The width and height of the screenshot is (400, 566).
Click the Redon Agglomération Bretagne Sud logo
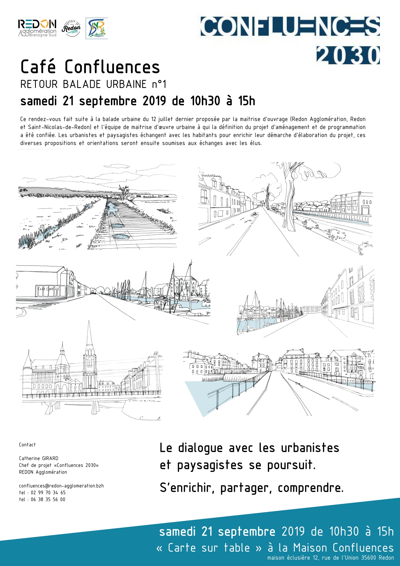pos(37,28)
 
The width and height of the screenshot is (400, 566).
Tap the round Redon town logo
pos(71,28)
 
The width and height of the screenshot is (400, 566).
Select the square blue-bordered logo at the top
pos(97,28)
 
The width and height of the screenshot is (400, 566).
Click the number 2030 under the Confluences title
pos(348,55)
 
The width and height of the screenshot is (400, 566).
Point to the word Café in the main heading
pos(38,67)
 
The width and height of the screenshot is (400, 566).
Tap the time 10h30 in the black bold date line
pos(205,101)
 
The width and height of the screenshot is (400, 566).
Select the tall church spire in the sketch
pos(90,339)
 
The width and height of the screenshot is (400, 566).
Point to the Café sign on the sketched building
pos(46,289)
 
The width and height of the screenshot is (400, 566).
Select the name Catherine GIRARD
pos(38,458)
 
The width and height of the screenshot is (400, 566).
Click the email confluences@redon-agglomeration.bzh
pos(61,486)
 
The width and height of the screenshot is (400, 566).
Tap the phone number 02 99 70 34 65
pos(48,493)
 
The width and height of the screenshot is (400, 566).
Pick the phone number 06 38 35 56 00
pos(48,500)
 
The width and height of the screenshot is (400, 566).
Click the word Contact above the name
pos(27,445)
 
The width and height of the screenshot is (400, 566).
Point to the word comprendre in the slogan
pos(310,488)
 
